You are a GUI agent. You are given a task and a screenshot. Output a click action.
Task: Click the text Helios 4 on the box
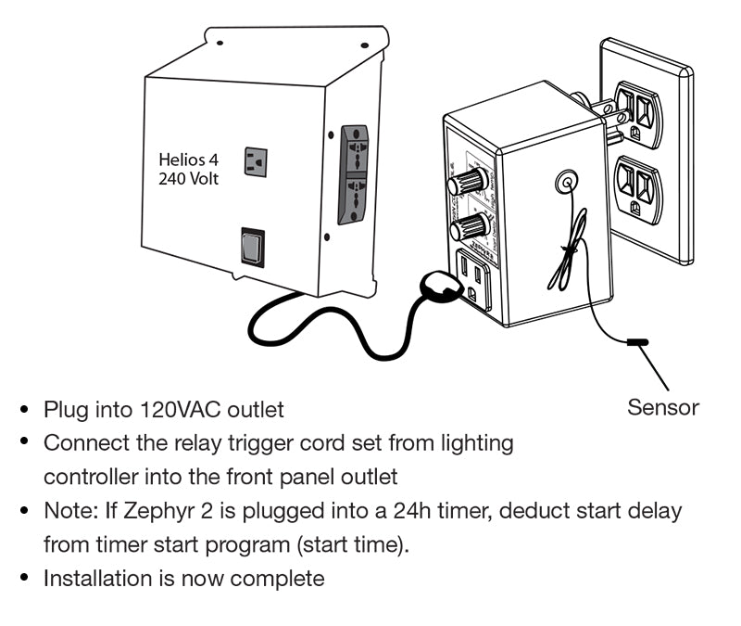click(x=189, y=160)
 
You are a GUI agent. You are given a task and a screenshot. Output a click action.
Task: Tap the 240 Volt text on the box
click(x=189, y=178)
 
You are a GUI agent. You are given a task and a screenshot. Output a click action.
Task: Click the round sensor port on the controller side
click(x=563, y=184)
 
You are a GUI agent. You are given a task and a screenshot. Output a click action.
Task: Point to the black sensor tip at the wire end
click(x=638, y=343)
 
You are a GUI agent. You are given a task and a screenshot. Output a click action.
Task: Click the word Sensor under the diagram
click(x=663, y=407)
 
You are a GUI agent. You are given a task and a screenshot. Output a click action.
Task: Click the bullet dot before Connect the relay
click(x=26, y=443)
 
